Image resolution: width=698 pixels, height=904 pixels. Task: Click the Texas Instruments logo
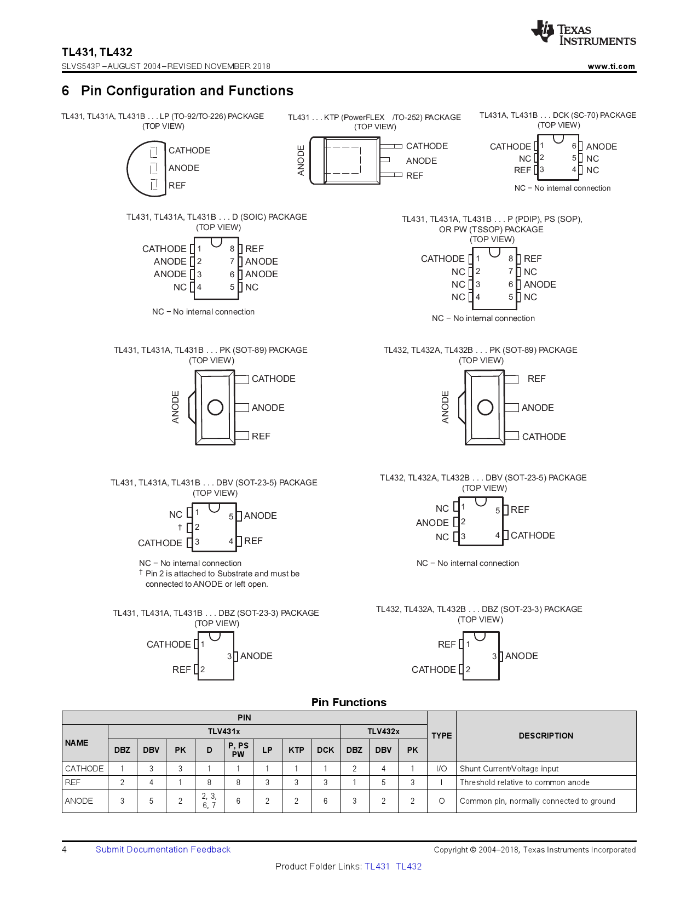[584, 33]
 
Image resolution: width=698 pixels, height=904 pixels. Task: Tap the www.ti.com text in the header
[611, 66]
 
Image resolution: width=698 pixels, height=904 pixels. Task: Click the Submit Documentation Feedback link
[163, 849]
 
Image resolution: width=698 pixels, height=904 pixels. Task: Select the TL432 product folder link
[408, 866]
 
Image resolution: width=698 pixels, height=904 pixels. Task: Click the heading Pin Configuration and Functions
[187, 91]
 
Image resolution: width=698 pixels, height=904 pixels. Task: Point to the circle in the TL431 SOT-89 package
[215, 407]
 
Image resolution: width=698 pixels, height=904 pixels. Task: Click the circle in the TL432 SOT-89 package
[485, 407]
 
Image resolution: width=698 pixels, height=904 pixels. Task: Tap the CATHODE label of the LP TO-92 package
[189, 151]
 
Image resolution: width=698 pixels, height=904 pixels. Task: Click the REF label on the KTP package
[414, 176]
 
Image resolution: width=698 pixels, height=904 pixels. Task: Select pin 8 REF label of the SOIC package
[254, 249]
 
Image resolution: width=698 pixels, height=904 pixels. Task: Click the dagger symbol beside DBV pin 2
[180, 527]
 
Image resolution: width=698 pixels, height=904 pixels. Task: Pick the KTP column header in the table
[296, 750]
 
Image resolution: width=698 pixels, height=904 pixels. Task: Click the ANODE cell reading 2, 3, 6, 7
[209, 800]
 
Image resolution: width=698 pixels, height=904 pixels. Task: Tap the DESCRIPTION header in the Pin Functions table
[546, 736]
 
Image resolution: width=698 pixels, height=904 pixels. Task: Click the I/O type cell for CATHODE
[441, 769]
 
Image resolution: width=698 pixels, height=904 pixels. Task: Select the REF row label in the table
[73, 782]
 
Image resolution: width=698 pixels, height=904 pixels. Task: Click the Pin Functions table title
[349, 702]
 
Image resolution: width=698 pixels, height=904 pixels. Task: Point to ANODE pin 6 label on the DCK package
[601, 147]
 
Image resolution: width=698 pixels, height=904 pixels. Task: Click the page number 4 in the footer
[65, 849]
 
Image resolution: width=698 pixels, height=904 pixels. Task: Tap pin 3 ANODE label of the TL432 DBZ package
[521, 656]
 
